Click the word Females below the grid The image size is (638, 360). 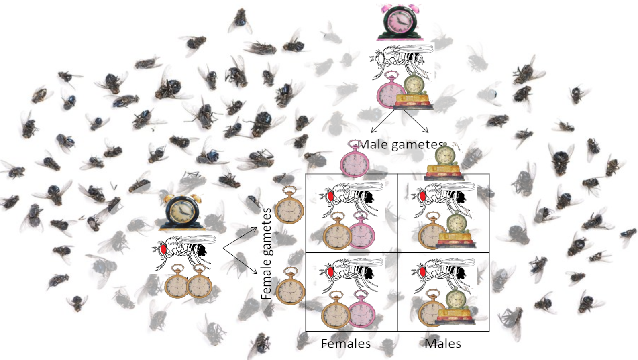346,344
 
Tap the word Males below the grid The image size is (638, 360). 443,344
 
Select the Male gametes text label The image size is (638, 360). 401,144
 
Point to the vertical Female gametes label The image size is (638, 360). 266,254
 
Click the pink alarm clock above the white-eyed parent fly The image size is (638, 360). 400,23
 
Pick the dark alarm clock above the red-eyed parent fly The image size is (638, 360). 180,213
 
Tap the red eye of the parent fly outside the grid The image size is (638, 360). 164,249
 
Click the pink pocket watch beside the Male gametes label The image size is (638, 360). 355,159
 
